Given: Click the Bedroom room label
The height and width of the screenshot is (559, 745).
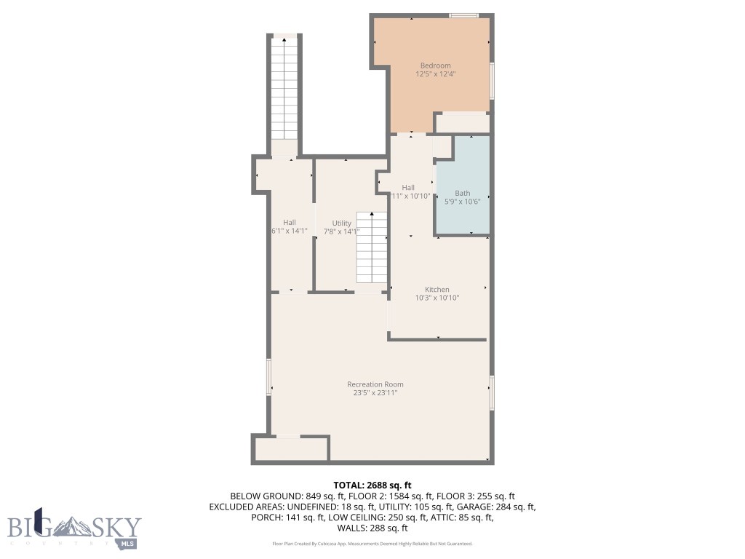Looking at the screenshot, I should (x=435, y=66).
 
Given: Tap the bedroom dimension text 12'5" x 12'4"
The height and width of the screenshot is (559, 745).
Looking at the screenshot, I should (x=435, y=74).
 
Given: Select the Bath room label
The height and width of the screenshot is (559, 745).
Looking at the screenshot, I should (x=462, y=193).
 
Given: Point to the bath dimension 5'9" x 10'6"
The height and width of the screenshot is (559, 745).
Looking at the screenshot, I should (x=463, y=202).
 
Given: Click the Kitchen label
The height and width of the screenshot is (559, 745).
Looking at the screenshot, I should (x=437, y=289).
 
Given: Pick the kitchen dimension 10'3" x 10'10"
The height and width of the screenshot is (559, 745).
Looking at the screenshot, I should (x=437, y=298).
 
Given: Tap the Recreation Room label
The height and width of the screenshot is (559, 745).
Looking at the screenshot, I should (x=375, y=384).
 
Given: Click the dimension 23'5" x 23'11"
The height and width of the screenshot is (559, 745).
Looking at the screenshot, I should (x=375, y=393).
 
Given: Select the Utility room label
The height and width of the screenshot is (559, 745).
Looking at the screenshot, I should (x=341, y=223).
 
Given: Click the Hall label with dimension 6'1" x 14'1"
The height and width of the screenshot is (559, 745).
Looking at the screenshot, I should (x=290, y=223).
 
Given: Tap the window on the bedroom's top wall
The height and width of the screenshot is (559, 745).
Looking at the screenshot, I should (x=463, y=15).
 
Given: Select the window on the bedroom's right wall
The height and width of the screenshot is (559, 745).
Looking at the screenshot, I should (x=492, y=81).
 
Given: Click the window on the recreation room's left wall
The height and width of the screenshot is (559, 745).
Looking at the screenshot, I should (x=268, y=377).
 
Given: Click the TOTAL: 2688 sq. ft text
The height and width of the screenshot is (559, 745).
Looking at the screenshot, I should (x=372, y=485).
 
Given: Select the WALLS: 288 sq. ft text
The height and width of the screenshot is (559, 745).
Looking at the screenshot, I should (x=372, y=528).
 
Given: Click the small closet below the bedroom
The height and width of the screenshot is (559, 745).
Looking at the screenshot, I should (x=462, y=122).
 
